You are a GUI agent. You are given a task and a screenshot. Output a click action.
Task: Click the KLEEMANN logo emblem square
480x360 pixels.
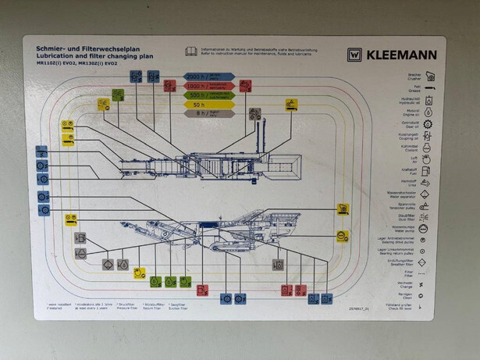tap(355, 55)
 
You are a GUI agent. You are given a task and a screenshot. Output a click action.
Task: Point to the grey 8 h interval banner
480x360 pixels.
tap(202, 113)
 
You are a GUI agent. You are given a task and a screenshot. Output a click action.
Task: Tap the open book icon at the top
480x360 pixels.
tap(191, 52)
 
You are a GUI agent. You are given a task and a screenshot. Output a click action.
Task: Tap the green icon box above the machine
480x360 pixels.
tap(118, 95)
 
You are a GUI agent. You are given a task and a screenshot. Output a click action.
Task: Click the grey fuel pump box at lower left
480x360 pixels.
tap(80, 238)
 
